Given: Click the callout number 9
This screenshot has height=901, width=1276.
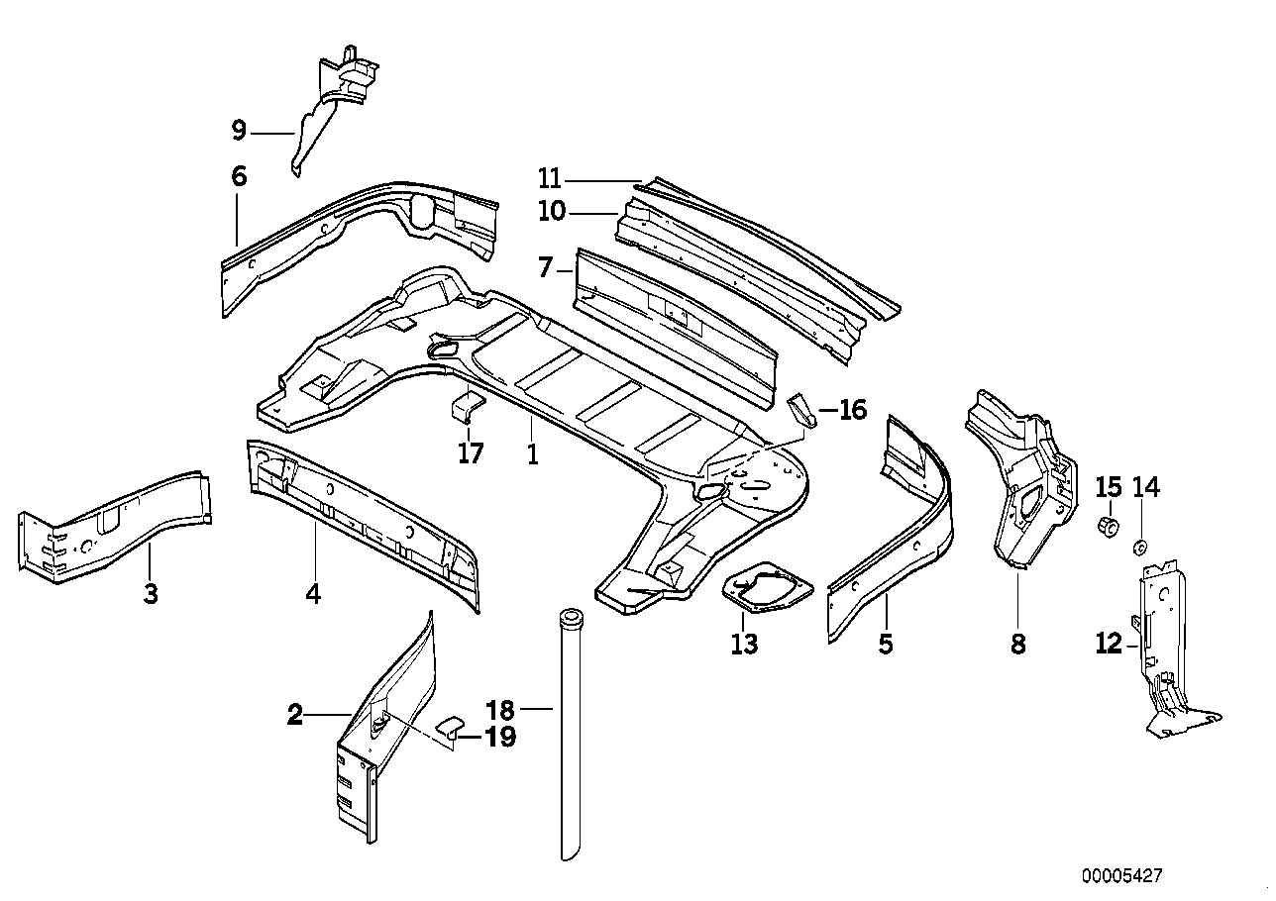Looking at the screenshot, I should [x=238, y=130].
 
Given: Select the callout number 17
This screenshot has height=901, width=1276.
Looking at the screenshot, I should [x=471, y=453].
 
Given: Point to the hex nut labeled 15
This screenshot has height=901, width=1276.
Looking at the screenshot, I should [x=1110, y=524].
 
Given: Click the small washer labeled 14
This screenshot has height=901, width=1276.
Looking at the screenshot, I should [x=1139, y=546].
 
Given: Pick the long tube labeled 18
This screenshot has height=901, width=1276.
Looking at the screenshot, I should [x=571, y=733].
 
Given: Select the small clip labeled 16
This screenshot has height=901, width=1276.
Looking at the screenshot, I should [x=802, y=409].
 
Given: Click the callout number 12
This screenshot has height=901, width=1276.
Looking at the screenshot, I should [x=1109, y=645].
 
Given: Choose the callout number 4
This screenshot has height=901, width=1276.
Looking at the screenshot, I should [x=314, y=594].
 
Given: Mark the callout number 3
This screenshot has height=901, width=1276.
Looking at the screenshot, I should [x=151, y=594].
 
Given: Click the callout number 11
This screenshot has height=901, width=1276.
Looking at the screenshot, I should [x=550, y=179].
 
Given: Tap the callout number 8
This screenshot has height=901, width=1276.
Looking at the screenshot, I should [x=1018, y=645].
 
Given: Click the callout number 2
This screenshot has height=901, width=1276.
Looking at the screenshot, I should [x=294, y=714].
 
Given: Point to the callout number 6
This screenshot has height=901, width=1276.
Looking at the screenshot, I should [x=238, y=177].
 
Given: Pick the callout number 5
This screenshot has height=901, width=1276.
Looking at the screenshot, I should [x=886, y=645].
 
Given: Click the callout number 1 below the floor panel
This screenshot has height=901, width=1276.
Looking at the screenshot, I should [x=532, y=453].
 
